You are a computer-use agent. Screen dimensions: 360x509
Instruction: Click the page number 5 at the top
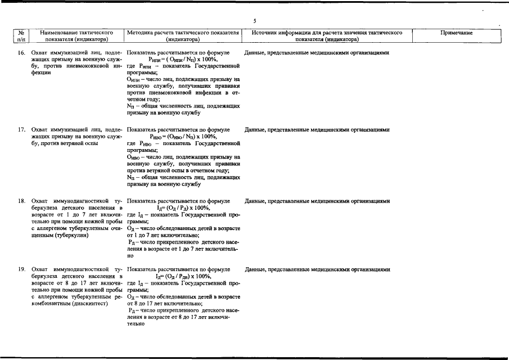[254, 21]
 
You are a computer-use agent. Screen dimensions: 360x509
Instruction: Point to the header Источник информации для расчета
[327, 37]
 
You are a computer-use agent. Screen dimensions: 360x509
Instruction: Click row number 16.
[21, 52]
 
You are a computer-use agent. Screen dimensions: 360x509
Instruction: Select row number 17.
[21, 129]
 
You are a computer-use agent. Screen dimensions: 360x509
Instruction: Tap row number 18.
[21, 201]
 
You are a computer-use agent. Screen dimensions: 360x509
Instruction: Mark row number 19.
[21, 269]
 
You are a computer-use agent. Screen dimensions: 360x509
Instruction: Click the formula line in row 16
[183, 59]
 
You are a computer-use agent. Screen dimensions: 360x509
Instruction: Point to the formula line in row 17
[183, 136]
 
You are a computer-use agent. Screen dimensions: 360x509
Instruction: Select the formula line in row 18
[183, 208]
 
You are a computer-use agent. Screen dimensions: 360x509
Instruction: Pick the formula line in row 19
[183, 276]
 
